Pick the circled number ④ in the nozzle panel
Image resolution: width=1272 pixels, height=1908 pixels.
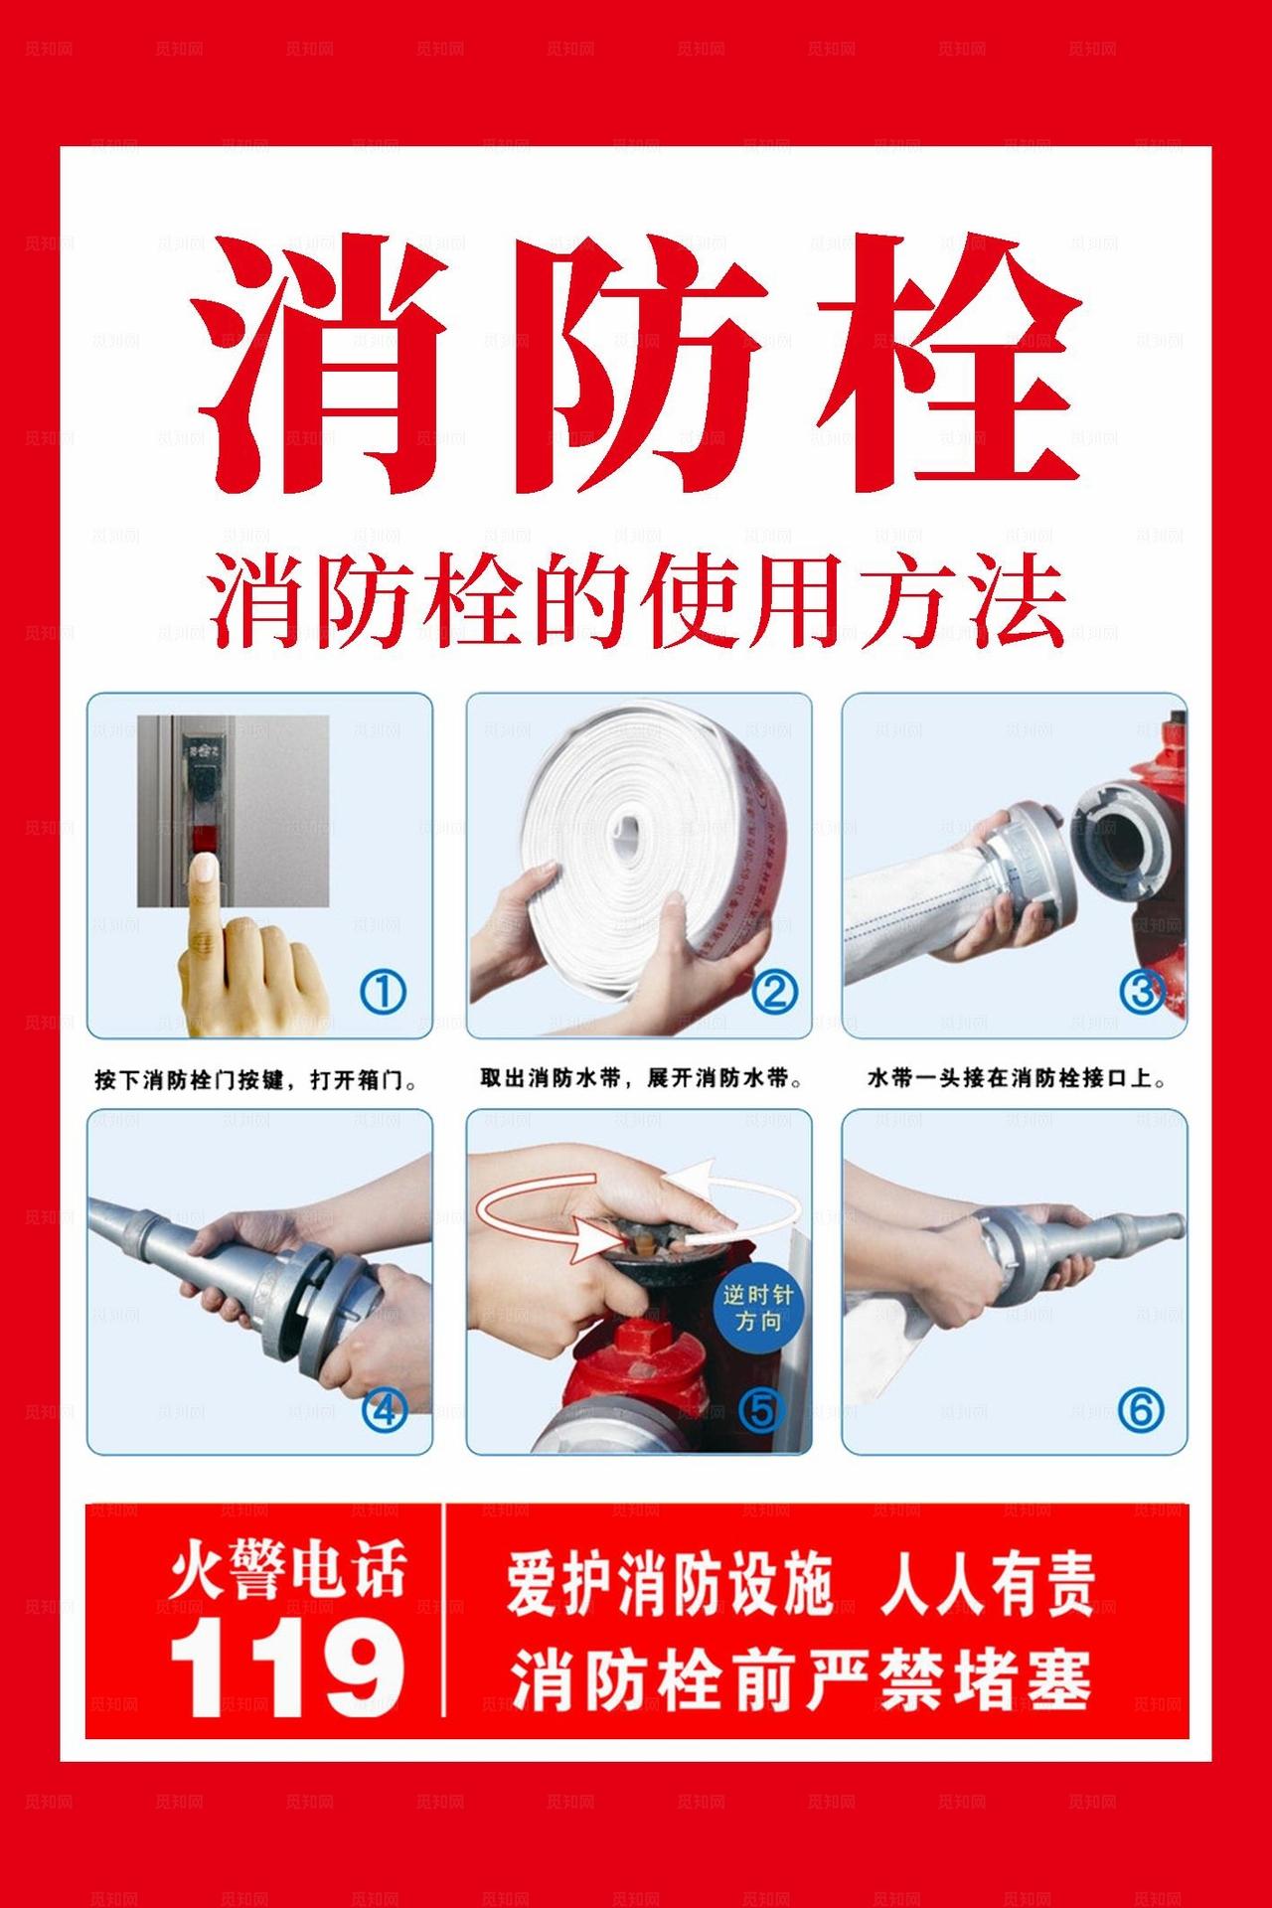(x=384, y=1409)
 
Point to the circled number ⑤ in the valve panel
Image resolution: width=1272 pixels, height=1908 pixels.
(x=761, y=1409)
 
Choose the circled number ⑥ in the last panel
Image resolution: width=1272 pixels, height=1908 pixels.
(x=1140, y=1409)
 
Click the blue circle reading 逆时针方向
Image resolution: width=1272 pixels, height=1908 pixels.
(x=757, y=1309)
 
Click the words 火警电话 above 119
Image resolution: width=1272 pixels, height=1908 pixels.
(x=287, y=1573)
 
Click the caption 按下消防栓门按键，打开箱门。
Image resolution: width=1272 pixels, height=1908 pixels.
(x=255, y=1079)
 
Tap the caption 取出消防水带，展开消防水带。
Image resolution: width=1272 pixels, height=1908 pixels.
(x=642, y=1077)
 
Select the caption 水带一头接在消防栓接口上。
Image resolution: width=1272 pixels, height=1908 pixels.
(x=1016, y=1077)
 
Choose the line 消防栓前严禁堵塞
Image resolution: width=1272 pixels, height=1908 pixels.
(x=801, y=1678)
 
